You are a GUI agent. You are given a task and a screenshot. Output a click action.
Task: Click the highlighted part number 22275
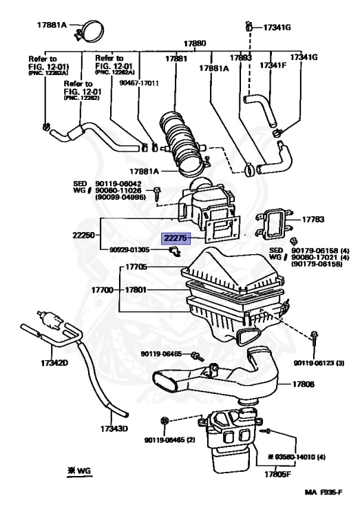pyautogui.click(x=176, y=238)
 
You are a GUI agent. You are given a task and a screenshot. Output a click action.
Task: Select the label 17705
pyautogui.click(x=136, y=267)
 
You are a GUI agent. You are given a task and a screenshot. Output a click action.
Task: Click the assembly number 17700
pyautogui.click(x=103, y=291)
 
